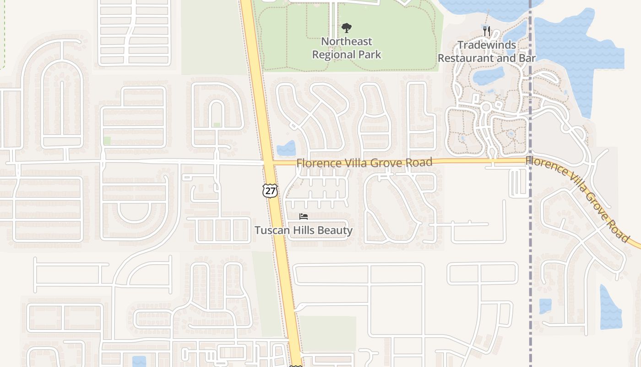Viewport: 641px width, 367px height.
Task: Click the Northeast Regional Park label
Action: coord(346,48)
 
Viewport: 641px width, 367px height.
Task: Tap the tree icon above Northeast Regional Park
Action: coord(347,28)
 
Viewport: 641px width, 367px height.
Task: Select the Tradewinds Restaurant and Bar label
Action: coord(487,51)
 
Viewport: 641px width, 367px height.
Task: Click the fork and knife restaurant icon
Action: coord(487,31)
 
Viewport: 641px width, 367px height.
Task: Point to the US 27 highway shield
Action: coord(270,190)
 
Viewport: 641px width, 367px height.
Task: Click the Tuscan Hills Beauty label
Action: coord(304,230)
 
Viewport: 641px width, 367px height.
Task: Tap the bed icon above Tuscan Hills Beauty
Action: coord(303,217)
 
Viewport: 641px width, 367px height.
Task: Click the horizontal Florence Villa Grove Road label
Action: coord(364,163)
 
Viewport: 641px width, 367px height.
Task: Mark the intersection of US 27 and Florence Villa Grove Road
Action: coord(268,163)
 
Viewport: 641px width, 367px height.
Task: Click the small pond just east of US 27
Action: coord(286,148)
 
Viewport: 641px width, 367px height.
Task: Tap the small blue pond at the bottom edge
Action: coord(139,361)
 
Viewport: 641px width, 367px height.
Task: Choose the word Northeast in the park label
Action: coord(347,41)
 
